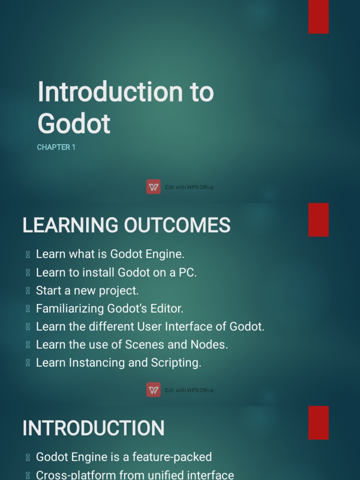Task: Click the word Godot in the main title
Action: point(74,123)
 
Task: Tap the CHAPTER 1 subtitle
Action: point(56,147)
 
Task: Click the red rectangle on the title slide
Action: point(318,17)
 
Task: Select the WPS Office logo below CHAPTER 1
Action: point(153,187)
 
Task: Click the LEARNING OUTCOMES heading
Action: point(127,225)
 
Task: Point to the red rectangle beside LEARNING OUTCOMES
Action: point(318,219)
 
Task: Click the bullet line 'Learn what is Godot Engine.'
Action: point(110,254)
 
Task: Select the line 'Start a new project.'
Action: point(87,291)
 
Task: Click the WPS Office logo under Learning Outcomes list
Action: point(153,390)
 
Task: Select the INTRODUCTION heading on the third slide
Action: point(93,428)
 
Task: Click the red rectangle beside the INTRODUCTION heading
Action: point(318,422)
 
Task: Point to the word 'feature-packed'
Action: point(172,457)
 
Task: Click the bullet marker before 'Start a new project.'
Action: point(28,291)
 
